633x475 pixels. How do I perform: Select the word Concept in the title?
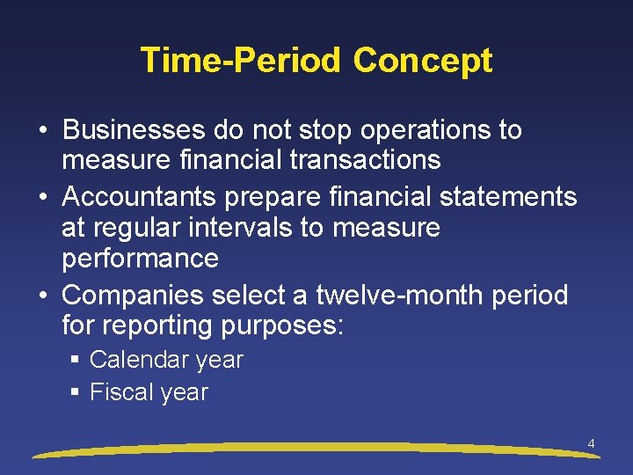[x=422, y=61]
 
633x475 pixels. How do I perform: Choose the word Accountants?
[x=144, y=196]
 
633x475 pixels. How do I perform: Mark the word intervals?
[x=234, y=228]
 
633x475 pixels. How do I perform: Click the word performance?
[x=140, y=259]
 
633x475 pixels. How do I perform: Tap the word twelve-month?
[x=397, y=294]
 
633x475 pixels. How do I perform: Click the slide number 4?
[x=591, y=444]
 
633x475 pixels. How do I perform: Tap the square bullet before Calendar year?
[x=76, y=360]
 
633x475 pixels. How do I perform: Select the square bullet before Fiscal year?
[x=76, y=392]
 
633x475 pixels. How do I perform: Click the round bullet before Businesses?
[x=42, y=131]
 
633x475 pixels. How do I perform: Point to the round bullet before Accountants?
[x=42, y=197]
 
